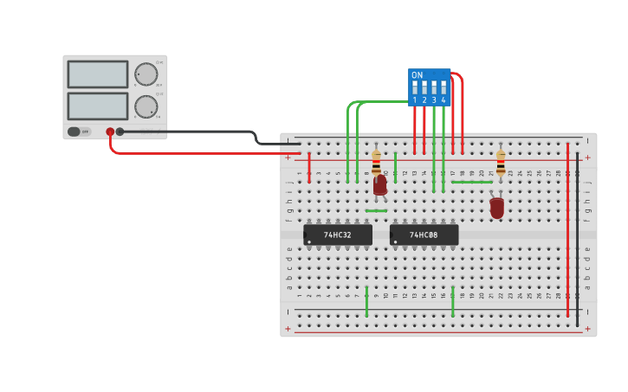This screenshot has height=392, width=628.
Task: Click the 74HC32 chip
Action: tap(338, 235)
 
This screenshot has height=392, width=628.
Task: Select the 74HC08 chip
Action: tap(424, 235)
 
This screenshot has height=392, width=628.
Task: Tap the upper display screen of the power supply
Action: tap(98, 74)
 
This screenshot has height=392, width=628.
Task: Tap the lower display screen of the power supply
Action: tap(98, 106)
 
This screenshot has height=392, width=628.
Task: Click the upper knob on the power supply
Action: tap(146, 74)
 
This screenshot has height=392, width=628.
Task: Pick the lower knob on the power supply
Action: tap(146, 106)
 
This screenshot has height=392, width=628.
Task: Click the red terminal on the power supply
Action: tap(110, 132)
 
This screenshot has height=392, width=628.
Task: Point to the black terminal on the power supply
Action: tap(120, 132)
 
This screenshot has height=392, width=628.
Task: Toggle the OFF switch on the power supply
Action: tap(74, 132)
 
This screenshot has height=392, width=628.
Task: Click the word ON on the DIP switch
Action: tap(418, 75)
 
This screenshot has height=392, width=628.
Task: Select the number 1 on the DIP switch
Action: tap(415, 100)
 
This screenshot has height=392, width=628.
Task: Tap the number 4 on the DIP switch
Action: tap(443, 100)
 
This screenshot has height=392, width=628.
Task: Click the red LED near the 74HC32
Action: tap(380, 184)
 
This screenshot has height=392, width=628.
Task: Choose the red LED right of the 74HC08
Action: tap(496, 208)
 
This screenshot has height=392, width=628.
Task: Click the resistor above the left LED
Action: tap(376, 162)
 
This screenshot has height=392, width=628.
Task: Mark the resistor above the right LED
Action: tap(501, 161)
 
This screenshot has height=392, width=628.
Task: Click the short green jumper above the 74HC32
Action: tap(376, 210)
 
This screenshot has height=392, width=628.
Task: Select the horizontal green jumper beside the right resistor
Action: tap(472, 182)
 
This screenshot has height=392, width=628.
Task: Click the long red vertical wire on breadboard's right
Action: tap(568, 229)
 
